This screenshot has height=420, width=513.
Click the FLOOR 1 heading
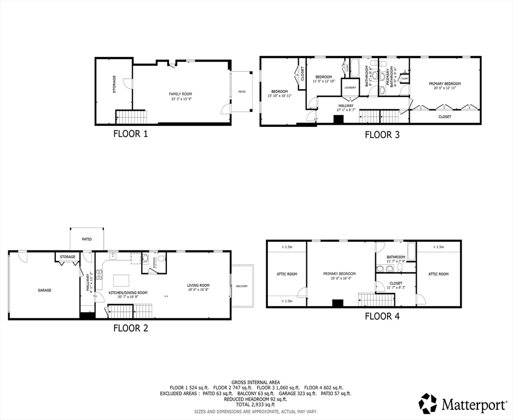[x=130, y=133]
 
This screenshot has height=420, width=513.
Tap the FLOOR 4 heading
[x=382, y=316]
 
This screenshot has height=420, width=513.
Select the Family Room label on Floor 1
[x=180, y=94]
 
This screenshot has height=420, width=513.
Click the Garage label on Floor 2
[x=44, y=290]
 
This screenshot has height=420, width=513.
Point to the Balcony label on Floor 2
[x=242, y=286]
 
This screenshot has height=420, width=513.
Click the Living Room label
[x=199, y=285]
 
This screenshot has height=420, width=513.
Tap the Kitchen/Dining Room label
[x=127, y=293]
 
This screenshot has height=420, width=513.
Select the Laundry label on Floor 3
[x=350, y=87]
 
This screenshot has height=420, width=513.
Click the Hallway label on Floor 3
[x=346, y=106]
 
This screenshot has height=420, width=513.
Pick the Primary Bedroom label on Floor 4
[x=339, y=274]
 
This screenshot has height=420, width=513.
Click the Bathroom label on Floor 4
[x=396, y=257]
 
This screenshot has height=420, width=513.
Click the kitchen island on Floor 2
[x=121, y=280]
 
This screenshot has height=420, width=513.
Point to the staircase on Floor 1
[x=131, y=116]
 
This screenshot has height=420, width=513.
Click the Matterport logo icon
[x=428, y=404]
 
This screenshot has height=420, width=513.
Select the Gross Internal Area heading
[x=256, y=382]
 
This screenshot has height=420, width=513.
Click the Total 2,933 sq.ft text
[x=256, y=405]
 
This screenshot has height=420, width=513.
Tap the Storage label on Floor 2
[x=68, y=256]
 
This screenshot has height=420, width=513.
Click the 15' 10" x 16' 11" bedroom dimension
[x=279, y=96]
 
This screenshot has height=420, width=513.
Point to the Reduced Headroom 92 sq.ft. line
[x=256, y=399]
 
